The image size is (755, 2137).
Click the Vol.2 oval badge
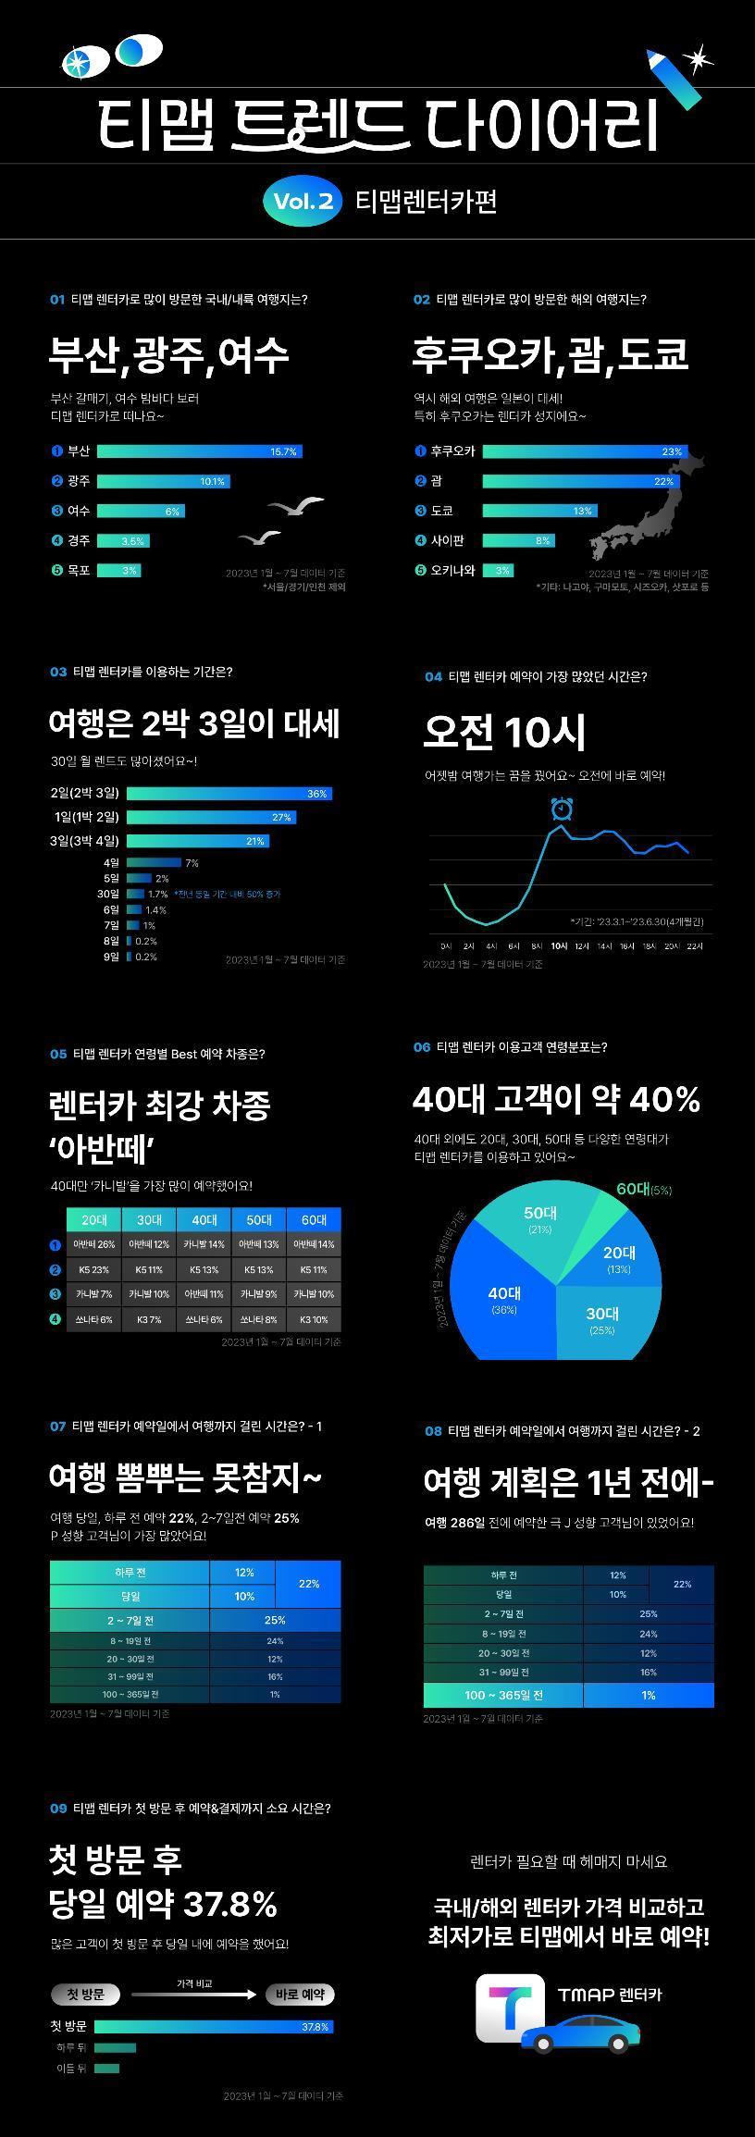tap(303, 201)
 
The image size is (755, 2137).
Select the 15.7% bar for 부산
tap(199, 451)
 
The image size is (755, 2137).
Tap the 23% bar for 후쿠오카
tap(583, 451)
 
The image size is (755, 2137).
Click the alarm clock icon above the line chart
tap(562, 809)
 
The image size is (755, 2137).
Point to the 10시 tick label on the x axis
tap(559, 946)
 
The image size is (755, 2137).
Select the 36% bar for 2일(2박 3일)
tap(229, 794)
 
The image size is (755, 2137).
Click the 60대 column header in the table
tap(314, 1219)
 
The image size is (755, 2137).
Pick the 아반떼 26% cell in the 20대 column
tap(94, 1244)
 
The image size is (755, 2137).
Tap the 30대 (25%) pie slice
tap(601, 1319)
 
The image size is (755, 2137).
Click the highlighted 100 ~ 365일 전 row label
tap(503, 1695)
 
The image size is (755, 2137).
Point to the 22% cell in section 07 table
tap(308, 1584)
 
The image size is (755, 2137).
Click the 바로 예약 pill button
tap(300, 1995)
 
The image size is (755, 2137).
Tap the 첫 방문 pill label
tap(86, 1995)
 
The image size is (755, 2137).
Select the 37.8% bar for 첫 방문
tap(213, 2026)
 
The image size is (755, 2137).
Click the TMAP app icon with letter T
tap(510, 2007)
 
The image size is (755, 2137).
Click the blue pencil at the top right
tap(672, 79)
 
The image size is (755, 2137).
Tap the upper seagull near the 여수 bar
tap(296, 506)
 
